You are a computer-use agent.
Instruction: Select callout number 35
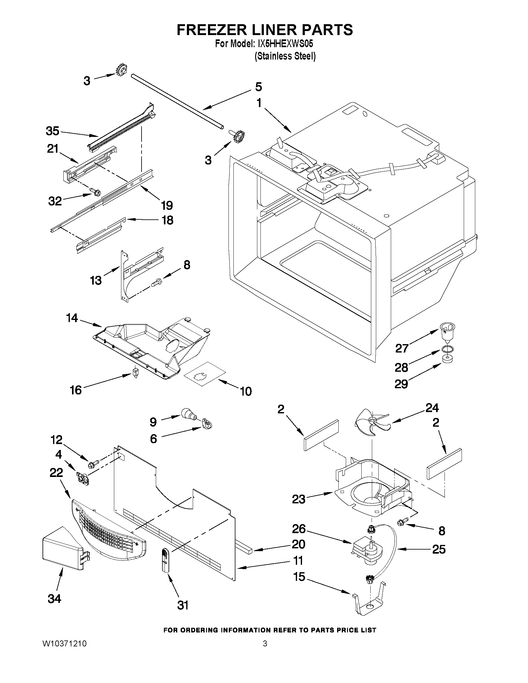click(x=52, y=131)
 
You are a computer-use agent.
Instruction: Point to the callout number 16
click(x=76, y=390)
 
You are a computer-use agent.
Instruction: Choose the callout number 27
click(x=402, y=348)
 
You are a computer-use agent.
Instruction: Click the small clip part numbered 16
click(x=135, y=373)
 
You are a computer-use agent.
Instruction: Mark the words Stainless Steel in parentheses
click(x=285, y=56)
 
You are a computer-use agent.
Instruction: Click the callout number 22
click(x=56, y=473)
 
